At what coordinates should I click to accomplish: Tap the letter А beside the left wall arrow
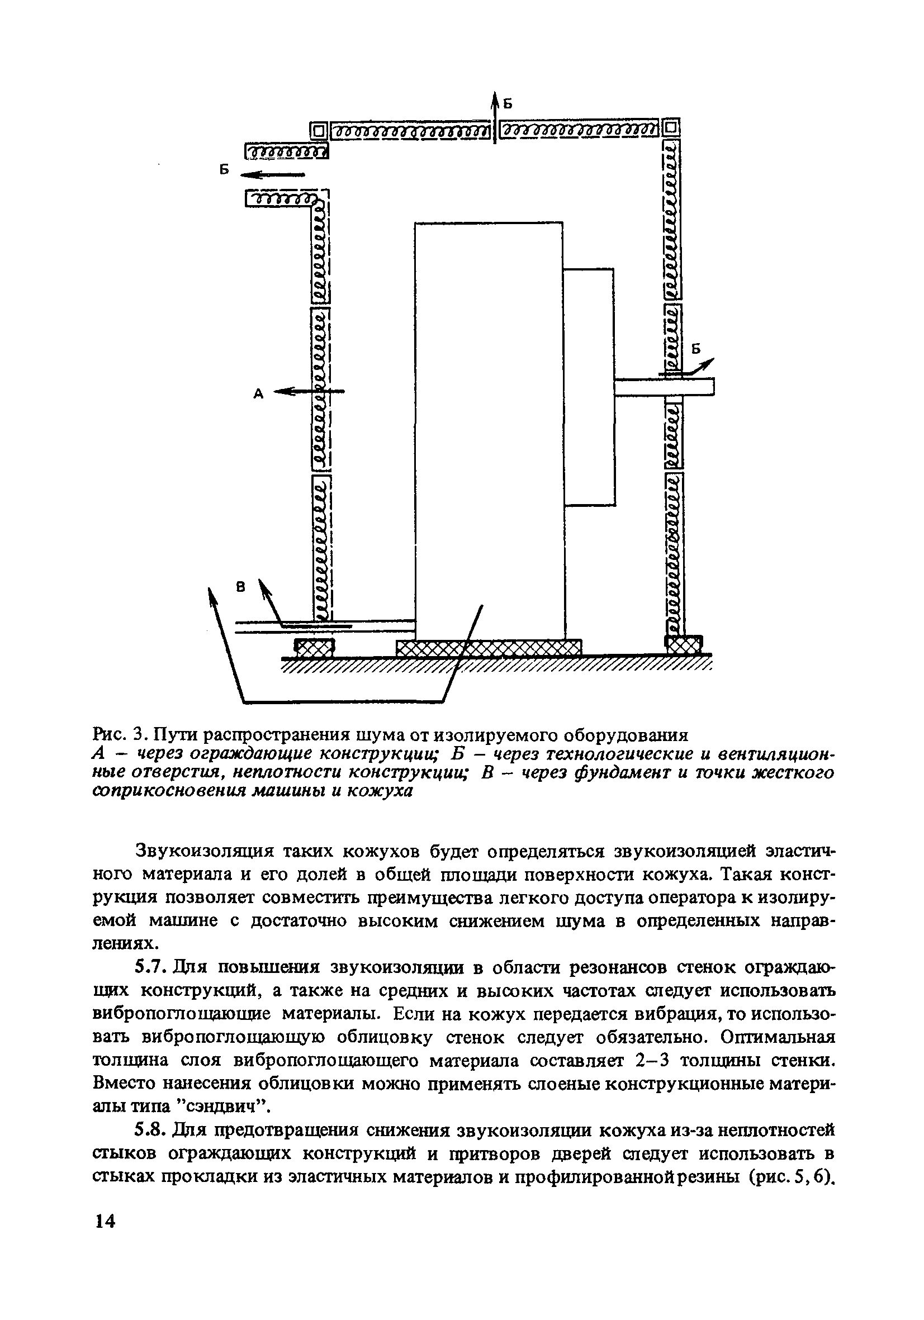click(259, 394)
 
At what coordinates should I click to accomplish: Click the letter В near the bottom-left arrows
click(241, 587)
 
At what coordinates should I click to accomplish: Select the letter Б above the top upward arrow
click(507, 103)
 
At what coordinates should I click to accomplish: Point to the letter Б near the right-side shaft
click(696, 349)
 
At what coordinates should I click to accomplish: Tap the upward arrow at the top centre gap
click(495, 115)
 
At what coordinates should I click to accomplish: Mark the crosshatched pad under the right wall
click(684, 644)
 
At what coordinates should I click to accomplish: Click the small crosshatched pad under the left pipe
click(314, 648)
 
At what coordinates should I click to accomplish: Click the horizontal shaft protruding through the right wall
click(664, 386)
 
